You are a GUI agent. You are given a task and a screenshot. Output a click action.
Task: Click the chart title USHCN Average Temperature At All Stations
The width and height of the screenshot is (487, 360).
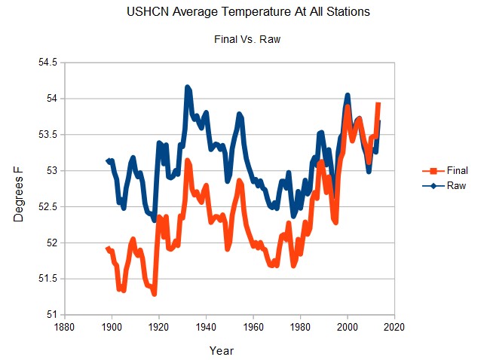point(242,12)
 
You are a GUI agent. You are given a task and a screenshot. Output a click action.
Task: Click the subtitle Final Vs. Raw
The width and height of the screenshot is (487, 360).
point(242,40)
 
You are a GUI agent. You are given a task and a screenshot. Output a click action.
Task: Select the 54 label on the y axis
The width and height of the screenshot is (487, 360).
point(53,99)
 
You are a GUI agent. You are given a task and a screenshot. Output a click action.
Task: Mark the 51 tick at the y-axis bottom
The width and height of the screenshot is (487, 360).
point(53,314)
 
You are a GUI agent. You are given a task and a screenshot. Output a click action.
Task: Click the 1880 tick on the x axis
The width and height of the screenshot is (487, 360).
point(65,328)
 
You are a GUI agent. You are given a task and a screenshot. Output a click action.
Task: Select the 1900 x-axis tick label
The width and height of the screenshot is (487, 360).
point(112,328)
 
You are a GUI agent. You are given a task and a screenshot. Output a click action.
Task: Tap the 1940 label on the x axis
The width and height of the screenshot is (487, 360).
point(206,328)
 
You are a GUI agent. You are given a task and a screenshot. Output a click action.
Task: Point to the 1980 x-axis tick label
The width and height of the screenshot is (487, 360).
point(300,328)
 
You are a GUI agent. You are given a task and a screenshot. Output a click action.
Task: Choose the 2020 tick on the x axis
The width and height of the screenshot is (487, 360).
point(394,328)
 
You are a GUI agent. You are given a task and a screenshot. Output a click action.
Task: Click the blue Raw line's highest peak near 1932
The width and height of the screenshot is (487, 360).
point(187,87)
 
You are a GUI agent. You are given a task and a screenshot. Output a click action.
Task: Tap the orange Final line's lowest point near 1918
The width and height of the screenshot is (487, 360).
point(155,293)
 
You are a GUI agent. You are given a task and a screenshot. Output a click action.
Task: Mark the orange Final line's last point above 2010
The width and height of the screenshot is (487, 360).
point(378,104)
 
